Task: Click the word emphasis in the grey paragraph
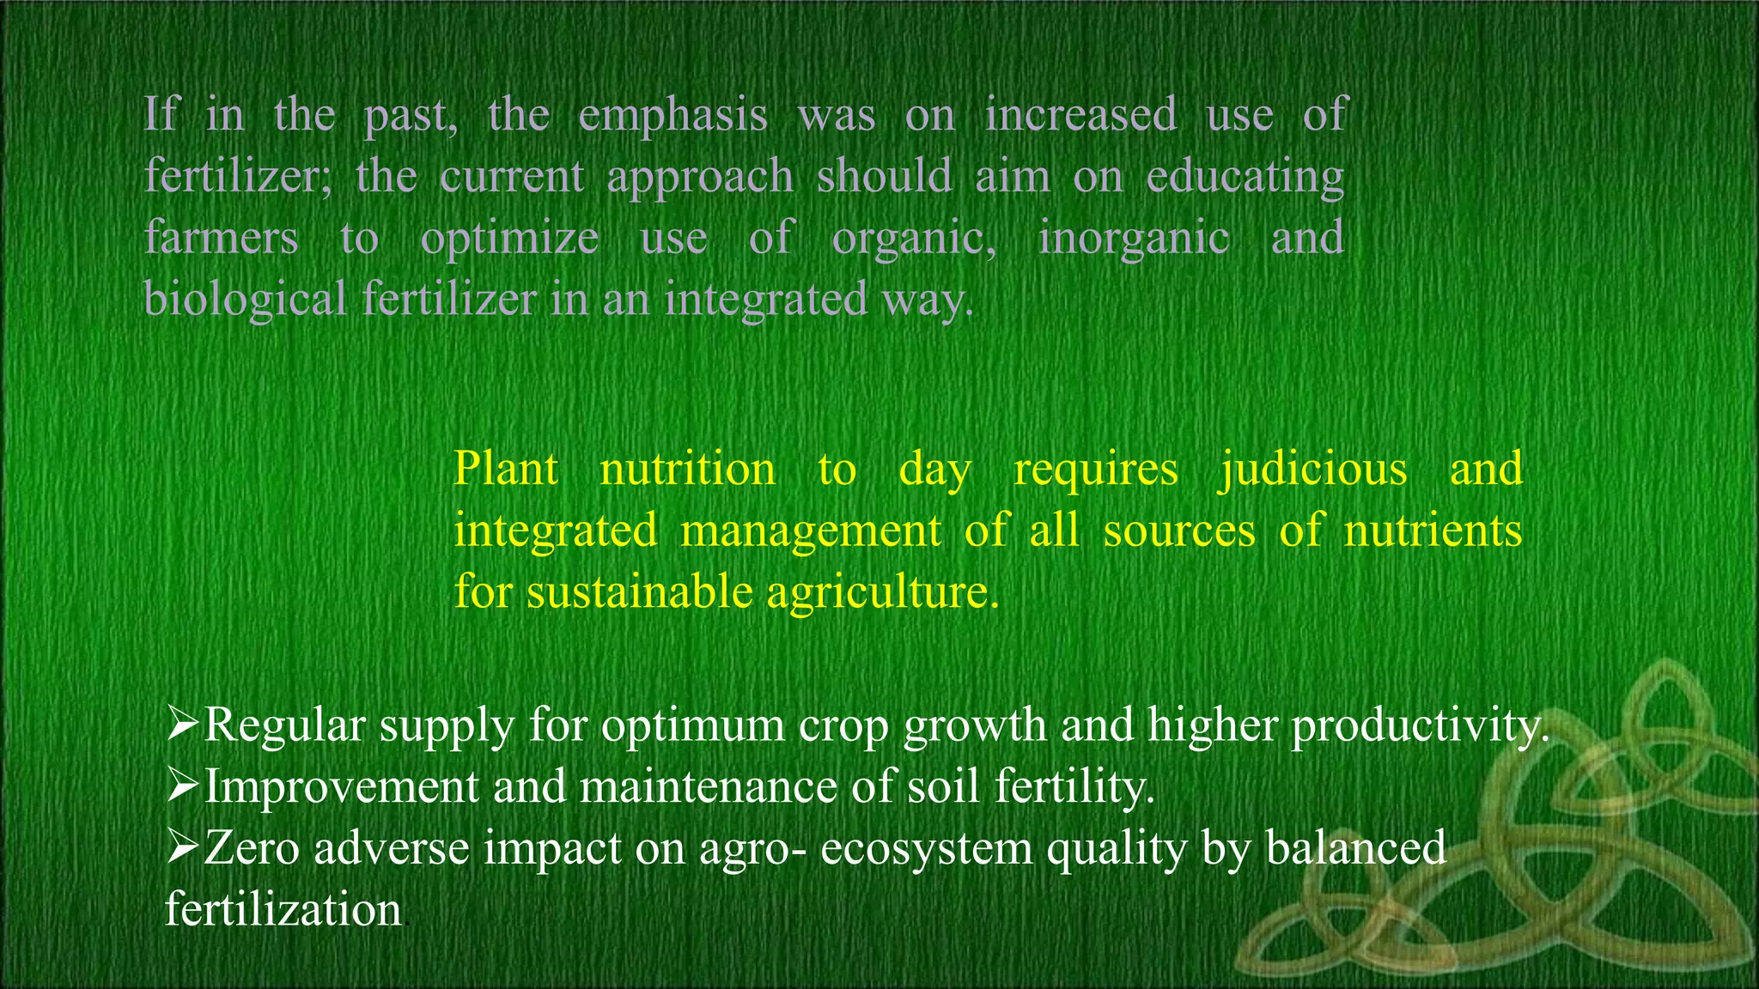pos(673,116)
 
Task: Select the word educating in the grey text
pos(1245,177)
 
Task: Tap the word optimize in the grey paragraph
pos(509,239)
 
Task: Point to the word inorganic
pos(1134,239)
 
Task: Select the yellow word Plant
pos(506,469)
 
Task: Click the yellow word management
pos(811,531)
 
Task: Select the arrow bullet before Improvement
pos(182,786)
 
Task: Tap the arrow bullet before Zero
pos(182,847)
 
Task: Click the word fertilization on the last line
pos(283,909)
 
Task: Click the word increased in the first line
pos(1080,116)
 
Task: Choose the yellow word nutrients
pos(1433,531)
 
